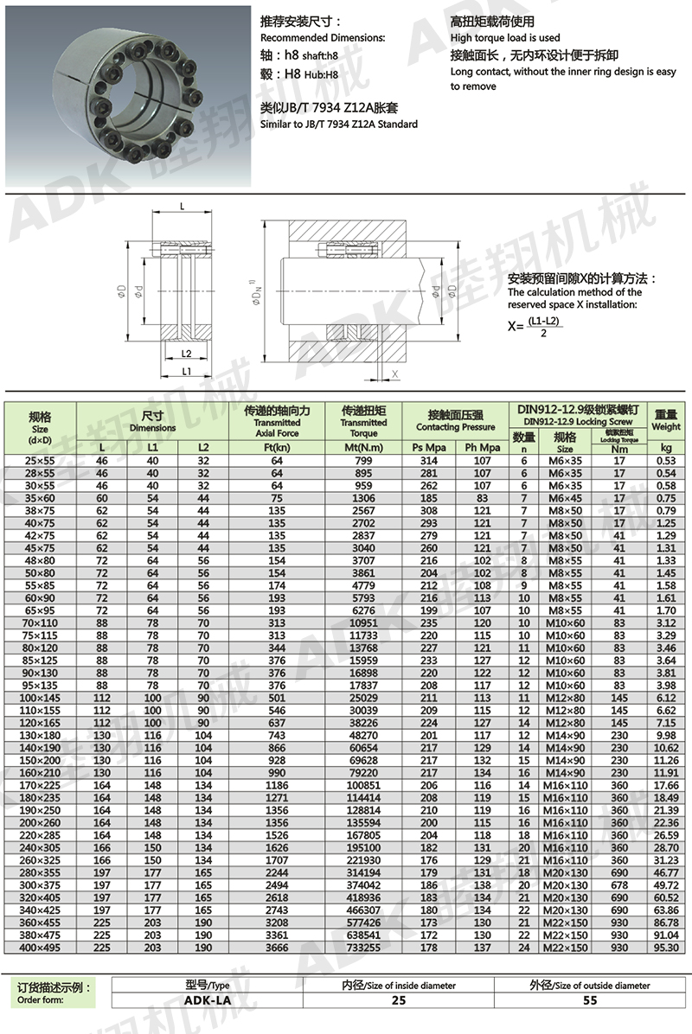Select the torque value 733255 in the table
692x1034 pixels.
click(363, 948)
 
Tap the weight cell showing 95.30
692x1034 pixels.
click(665, 948)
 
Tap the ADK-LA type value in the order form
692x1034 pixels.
click(207, 999)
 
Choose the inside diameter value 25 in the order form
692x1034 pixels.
click(398, 999)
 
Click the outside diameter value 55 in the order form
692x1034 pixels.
click(590, 999)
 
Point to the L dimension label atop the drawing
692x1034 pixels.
click(183, 206)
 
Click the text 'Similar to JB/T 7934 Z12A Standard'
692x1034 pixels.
click(339, 124)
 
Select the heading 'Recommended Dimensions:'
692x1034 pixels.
click(323, 38)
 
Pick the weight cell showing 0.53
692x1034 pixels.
click(665, 461)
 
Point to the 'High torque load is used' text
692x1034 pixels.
click(505, 38)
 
